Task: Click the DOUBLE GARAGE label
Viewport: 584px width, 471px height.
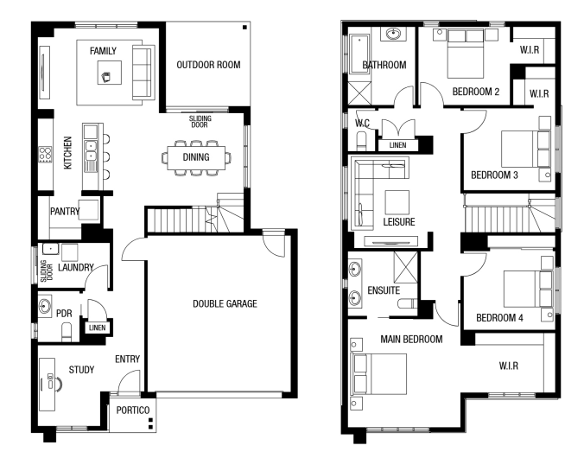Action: [x=225, y=303]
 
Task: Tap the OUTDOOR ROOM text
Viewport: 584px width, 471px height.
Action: [x=208, y=65]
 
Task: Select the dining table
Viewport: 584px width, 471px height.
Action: [x=196, y=157]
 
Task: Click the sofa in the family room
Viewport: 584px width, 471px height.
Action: [x=143, y=73]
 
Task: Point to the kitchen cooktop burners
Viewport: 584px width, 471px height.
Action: [x=46, y=155]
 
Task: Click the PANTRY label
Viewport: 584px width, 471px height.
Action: [x=65, y=212]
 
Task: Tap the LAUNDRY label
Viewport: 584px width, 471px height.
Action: [x=76, y=268]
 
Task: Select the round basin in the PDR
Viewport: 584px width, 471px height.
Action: [x=45, y=306]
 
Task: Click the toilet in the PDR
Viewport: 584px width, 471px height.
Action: [x=67, y=331]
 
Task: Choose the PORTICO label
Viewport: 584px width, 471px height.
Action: [x=133, y=411]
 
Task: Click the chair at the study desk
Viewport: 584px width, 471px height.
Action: [x=58, y=385]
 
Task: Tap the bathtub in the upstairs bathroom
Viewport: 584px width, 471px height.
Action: [x=359, y=54]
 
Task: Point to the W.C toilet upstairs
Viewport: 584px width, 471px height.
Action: [x=362, y=142]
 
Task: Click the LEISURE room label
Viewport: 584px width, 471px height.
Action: [x=399, y=222]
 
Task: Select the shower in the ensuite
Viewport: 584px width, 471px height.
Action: [x=406, y=267]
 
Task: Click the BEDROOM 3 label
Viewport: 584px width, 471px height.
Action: [x=495, y=175]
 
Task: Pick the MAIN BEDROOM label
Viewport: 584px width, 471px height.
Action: [x=411, y=340]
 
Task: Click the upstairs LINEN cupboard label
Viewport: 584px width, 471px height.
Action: [x=397, y=145]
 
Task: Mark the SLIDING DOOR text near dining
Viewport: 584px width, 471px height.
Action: [x=200, y=122]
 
